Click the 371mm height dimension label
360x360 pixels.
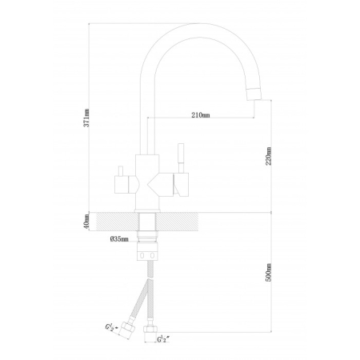(86, 118)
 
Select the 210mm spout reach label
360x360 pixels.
(201, 115)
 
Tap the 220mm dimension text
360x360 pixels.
(268, 156)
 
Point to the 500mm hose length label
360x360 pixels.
(268, 272)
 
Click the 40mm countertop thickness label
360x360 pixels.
(86, 222)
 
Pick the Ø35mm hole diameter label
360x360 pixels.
(119, 239)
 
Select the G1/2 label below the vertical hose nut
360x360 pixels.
(163, 339)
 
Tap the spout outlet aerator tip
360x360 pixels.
(254, 94)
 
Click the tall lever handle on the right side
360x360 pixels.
(181, 158)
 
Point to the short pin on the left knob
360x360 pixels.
(121, 171)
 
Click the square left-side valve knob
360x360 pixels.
(122, 185)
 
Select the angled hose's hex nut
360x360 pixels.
(126, 330)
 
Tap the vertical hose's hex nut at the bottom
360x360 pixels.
(150, 329)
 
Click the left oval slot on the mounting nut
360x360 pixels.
(142, 256)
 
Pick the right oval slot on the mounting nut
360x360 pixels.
(152, 256)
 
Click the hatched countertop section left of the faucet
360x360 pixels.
(118, 222)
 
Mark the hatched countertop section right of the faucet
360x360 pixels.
(177, 222)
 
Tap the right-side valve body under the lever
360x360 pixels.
(182, 185)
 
